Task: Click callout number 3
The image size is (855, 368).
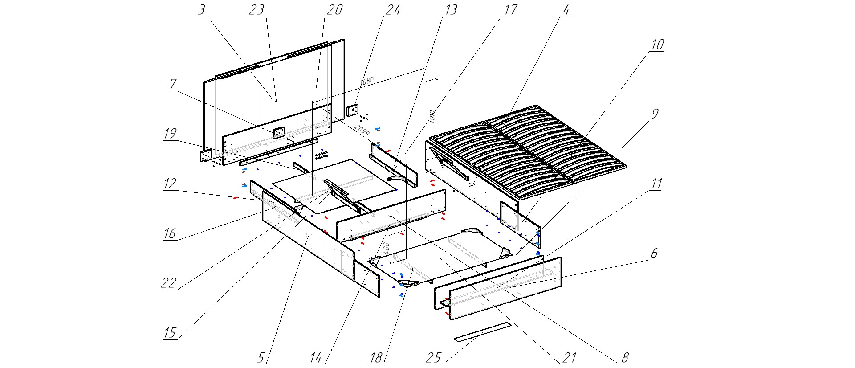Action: tap(202, 10)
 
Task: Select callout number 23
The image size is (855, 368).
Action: tap(257, 10)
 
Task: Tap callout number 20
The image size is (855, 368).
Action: tap(334, 10)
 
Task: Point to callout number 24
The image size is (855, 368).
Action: tap(393, 10)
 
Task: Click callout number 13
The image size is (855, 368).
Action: tap(451, 10)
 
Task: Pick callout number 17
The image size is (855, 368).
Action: tap(510, 10)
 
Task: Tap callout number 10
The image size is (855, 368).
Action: tap(657, 45)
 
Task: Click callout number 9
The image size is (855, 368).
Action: tap(654, 114)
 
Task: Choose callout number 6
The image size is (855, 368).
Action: tap(654, 254)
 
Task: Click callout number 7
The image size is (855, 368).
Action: tap(173, 84)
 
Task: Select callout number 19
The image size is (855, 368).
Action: tap(170, 133)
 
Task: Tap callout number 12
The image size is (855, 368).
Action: tap(170, 183)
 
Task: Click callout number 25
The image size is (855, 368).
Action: tap(433, 357)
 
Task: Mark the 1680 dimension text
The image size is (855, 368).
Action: tap(367, 81)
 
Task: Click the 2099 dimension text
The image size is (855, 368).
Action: tap(362, 131)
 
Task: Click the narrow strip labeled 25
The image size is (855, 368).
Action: tap(483, 332)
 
